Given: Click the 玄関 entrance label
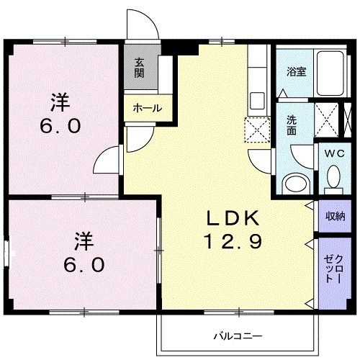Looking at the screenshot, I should [x=138, y=69].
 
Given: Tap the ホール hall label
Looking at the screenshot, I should [x=148, y=108].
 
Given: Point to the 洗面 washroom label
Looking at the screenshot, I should [x=292, y=127].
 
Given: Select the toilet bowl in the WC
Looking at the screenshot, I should [x=333, y=176].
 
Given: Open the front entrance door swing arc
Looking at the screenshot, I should [x=143, y=23].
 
